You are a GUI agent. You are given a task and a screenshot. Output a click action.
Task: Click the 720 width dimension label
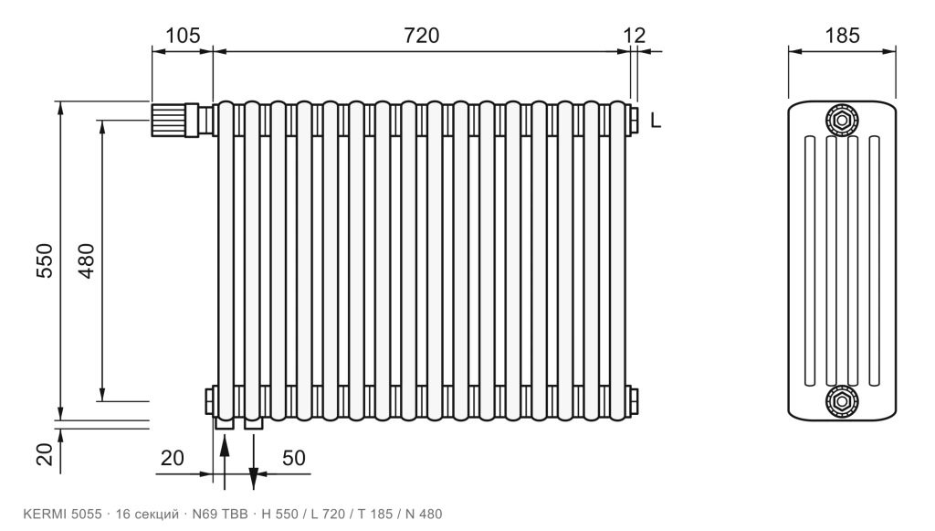(422, 36)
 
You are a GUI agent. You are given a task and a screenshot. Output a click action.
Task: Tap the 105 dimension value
(182, 36)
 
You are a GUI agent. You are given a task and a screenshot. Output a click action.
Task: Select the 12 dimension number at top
(635, 36)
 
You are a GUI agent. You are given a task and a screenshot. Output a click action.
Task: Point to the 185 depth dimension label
(842, 36)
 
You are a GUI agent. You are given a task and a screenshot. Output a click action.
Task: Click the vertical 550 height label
(45, 260)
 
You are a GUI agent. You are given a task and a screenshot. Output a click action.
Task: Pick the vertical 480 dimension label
(87, 260)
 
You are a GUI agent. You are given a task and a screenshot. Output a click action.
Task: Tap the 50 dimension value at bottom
(293, 458)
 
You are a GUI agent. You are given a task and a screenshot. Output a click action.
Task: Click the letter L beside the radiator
(656, 121)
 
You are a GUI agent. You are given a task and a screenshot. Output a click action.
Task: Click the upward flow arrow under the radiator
(225, 462)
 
